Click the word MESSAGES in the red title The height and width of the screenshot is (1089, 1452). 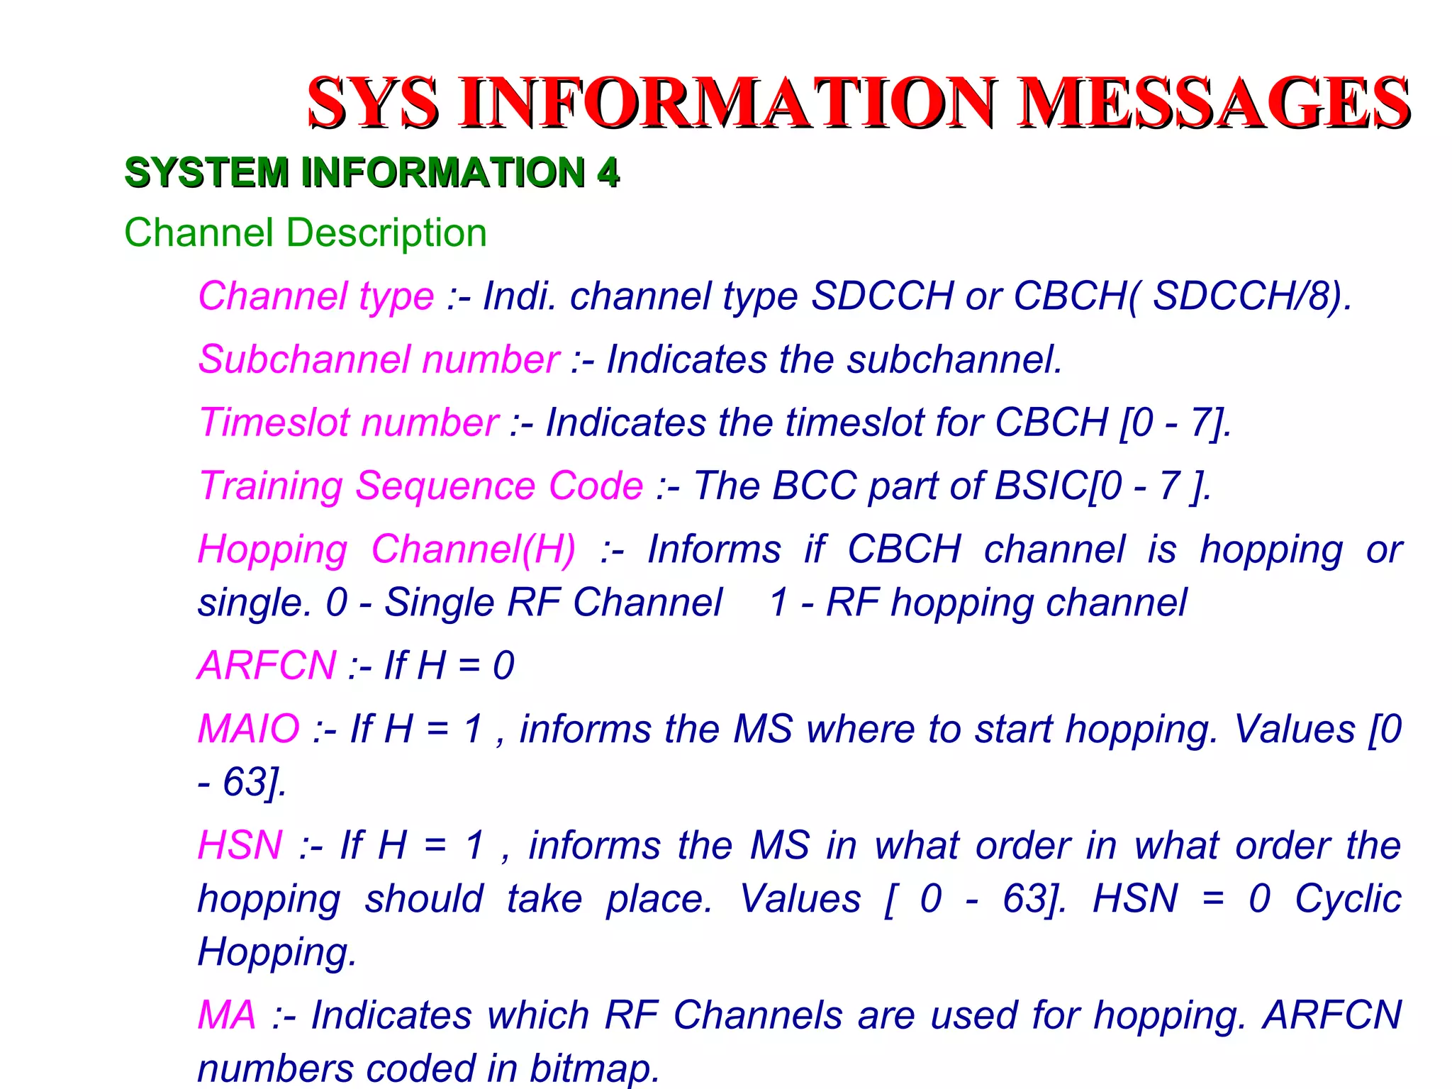pyautogui.click(x=1214, y=103)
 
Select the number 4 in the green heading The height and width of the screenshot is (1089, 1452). pyautogui.click(x=608, y=172)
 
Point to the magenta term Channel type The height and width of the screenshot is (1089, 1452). pyautogui.click(x=315, y=296)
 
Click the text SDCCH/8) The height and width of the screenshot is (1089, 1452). pyautogui.click(x=1252, y=296)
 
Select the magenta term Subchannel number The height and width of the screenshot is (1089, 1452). pyautogui.click(x=379, y=359)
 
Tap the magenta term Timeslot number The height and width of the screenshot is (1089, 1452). pyautogui.click(x=349, y=423)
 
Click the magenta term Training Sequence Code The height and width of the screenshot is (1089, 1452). pyautogui.click(x=421, y=486)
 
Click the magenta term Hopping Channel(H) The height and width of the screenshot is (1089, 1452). pyautogui.click(x=387, y=549)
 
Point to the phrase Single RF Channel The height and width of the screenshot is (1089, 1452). pyautogui.click(x=553, y=603)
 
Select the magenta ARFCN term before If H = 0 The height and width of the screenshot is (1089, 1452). pyautogui.click(x=267, y=666)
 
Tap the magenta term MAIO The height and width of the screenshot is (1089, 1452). pyautogui.click(x=249, y=729)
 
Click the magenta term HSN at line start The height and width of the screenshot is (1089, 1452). pyautogui.click(x=240, y=845)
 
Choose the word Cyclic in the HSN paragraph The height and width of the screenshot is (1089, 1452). pyautogui.click(x=1348, y=898)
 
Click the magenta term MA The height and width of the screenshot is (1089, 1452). pyautogui.click(x=226, y=1015)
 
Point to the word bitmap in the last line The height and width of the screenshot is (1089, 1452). pyautogui.click(x=594, y=1068)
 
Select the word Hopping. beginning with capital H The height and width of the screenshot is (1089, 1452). pyautogui.click(x=277, y=951)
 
